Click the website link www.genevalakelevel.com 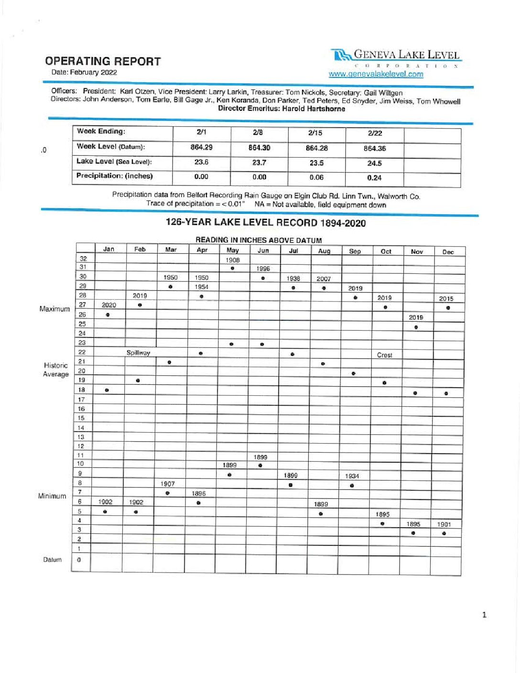(376, 74)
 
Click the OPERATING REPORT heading (103, 61)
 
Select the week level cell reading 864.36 (374, 149)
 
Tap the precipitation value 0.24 (374, 178)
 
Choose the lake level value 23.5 (316, 163)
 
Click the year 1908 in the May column (233, 260)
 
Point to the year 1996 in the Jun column (263, 269)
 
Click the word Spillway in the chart (138, 353)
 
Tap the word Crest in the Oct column (384, 355)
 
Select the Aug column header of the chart (324, 251)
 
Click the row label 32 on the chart (83, 258)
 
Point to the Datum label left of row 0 (52, 560)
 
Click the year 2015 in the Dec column (446, 299)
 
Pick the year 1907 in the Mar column (168, 484)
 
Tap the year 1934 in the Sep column (352, 476)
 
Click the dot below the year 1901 (444, 533)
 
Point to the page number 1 (484, 615)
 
